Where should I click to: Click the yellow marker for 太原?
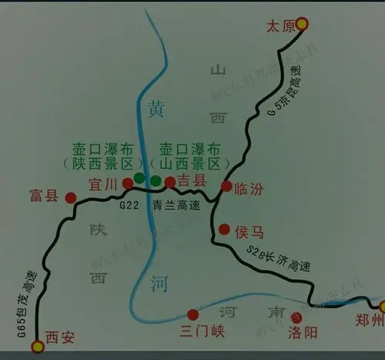pos(303,25)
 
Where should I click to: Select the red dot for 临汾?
pos(226,186)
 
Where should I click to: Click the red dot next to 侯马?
pos(224,229)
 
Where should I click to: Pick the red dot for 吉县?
pos(170,182)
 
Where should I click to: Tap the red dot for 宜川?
pos(127,183)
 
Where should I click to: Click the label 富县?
pos(42,195)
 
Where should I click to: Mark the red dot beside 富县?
pos(71,197)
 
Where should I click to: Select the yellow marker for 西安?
pos(37,347)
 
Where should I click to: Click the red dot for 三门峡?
pos(193,314)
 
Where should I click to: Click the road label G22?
pos(129,207)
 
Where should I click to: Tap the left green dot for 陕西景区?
pos(139,178)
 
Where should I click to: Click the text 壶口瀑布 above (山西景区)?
pos(189,149)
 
